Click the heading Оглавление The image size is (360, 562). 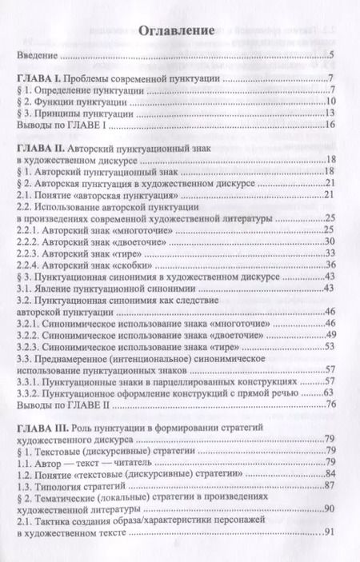point(178,33)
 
